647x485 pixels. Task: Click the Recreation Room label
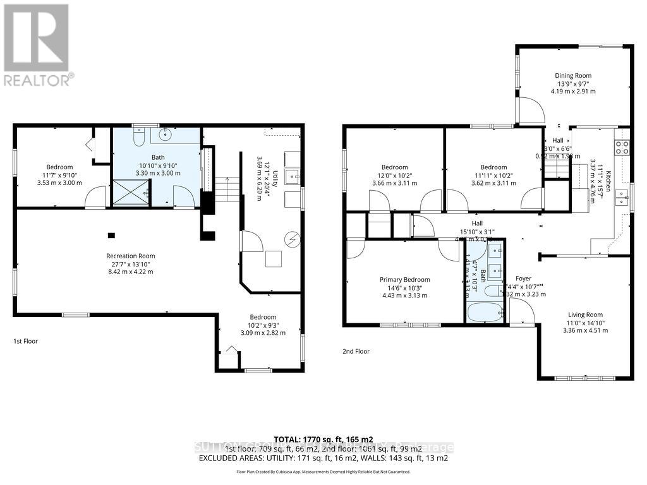click(x=130, y=256)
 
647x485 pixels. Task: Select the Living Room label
click(x=585, y=314)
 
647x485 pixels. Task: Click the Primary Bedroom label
click(x=404, y=280)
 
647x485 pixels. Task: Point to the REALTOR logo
click(x=37, y=44)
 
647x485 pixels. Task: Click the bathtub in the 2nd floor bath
click(x=485, y=311)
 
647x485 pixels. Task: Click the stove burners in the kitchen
click(x=622, y=147)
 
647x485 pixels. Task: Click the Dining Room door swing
click(x=531, y=111)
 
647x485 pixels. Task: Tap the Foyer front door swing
click(x=522, y=311)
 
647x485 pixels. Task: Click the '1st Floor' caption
click(x=26, y=341)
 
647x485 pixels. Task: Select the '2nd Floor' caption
click(x=357, y=351)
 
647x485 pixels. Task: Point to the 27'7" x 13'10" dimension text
click(x=130, y=264)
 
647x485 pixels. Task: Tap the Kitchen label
click(x=608, y=182)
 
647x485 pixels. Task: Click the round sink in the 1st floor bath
click(x=167, y=134)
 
